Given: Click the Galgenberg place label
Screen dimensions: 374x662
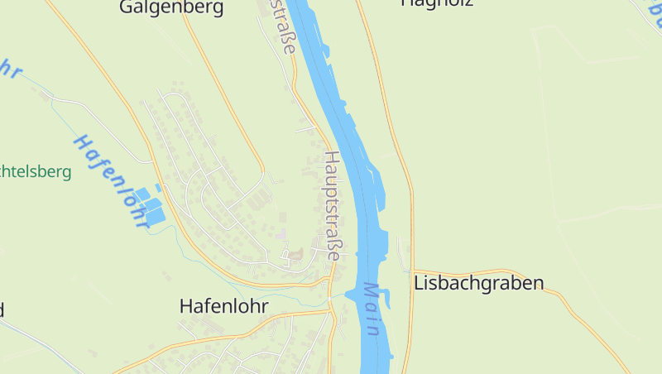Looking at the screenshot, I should [x=171, y=8].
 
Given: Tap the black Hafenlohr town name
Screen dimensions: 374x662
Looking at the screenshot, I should [x=223, y=305].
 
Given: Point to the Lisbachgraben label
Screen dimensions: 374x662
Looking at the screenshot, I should [x=478, y=283].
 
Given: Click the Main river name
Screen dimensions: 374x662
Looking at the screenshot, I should [x=372, y=309].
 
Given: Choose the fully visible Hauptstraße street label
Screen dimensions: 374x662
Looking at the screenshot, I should [x=333, y=206].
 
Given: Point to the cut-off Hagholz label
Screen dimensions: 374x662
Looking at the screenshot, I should [x=436, y=3].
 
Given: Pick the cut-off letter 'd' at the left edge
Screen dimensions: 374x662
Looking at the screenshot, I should [x=2, y=309].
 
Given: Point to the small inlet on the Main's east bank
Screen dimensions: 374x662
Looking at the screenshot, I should [x=385, y=295].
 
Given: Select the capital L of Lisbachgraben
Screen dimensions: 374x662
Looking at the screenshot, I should [x=419, y=283].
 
